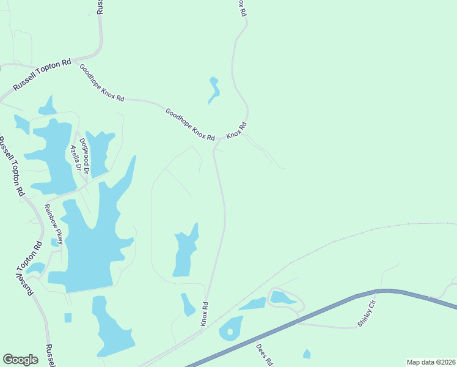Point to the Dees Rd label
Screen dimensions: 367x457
(264, 354)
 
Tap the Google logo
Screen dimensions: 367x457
(20, 360)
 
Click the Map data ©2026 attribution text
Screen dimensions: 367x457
(430, 362)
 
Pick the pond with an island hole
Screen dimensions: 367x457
(231, 328)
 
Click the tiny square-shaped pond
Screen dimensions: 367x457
(68, 317)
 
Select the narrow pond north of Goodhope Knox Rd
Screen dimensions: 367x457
(214, 90)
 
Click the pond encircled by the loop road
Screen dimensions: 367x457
(282, 298)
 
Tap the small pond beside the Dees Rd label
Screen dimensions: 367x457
(307, 354)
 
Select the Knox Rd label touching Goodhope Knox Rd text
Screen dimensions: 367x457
(236, 130)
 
